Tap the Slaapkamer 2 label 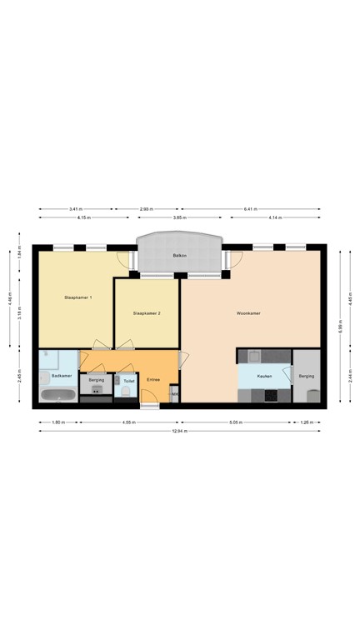click(x=146, y=313)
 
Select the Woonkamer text click(x=248, y=313)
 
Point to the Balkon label click(x=178, y=254)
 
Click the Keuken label click(x=264, y=376)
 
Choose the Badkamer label click(x=61, y=376)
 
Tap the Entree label click(x=153, y=380)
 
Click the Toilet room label click(x=128, y=380)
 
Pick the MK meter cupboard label click(x=174, y=394)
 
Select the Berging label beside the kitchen click(x=306, y=377)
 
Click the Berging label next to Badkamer click(x=96, y=379)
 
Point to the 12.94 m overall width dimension click(x=180, y=431)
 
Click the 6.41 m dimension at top click(x=251, y=209)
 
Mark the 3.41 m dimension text click(x=75, y=209)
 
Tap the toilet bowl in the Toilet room click(x=127, y=391)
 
